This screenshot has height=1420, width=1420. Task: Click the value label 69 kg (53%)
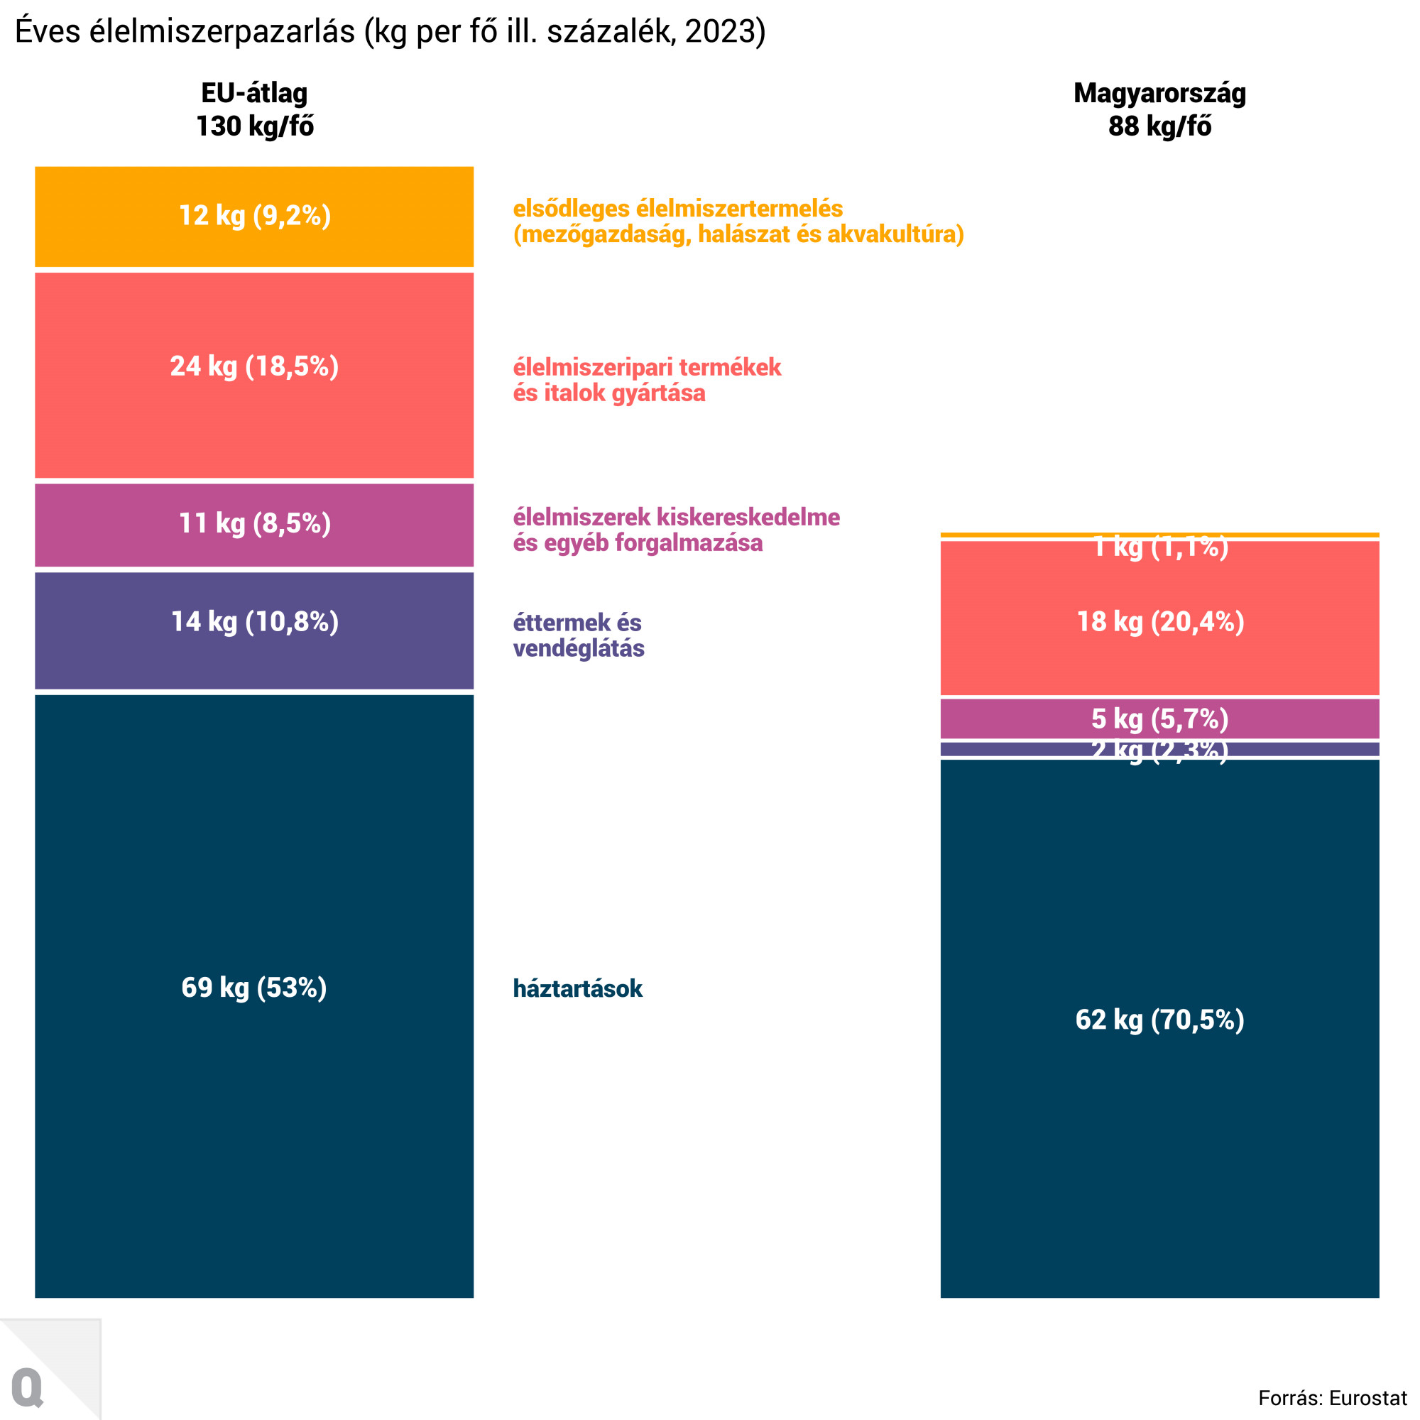(x=254, y=987)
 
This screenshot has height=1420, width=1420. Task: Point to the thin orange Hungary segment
(x=1160, y=535)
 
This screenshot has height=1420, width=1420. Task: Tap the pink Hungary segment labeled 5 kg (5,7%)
(x=1160, y=718)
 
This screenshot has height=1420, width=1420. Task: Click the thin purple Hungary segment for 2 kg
(x=1029, y=749)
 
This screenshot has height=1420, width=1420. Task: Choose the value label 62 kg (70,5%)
(x=1160, y=1020)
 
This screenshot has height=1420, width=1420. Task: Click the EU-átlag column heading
(x=254, y=93)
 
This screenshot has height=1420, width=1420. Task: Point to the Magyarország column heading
(x=1160, y=93)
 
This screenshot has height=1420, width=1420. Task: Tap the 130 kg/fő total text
(x=254, y=126)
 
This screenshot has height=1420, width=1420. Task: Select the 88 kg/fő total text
(x=1160, y=126)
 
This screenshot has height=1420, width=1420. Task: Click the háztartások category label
(x=578, y=988)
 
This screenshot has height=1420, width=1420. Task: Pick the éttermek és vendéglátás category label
(x=578, y=635)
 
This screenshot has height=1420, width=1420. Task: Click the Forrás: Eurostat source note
(x=1333, y=1397)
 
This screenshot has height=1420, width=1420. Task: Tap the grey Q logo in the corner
(x=28, y=1387)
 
